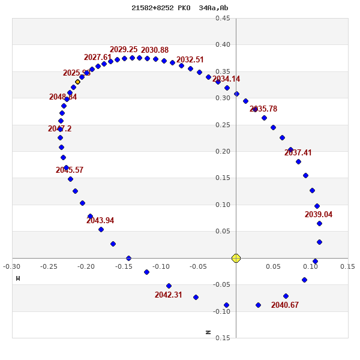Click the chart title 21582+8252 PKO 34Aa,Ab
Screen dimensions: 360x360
tap(179, 8)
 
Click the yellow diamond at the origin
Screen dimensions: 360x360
tap(236, 258)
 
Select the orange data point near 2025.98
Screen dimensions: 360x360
tap(77, 82)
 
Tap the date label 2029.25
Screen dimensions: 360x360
tap(124, 50)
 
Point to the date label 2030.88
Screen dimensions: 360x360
tap(155, 50)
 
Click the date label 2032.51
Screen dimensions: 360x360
tap(190, 60)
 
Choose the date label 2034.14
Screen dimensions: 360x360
tap(226, 79)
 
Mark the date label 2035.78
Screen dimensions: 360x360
tap(263, 109)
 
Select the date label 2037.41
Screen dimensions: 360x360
tap(298, 153)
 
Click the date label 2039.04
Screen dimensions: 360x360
tap(319, 215)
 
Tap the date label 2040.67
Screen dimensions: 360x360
tap(285, 305)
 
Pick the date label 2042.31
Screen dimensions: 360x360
tap(169, 295)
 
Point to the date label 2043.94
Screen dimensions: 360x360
tap(100, 221)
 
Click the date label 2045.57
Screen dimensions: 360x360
tap(70, 170)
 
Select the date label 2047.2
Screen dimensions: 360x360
tap(60, 129)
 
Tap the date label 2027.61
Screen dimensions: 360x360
tap(98, 58)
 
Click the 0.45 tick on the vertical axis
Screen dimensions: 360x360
tap(223, 18)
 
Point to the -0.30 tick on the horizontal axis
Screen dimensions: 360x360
tap(12, 266)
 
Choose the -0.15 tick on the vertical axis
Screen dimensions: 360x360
tap(223, 338)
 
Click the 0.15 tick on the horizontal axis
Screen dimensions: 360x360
tap(347, 266)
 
